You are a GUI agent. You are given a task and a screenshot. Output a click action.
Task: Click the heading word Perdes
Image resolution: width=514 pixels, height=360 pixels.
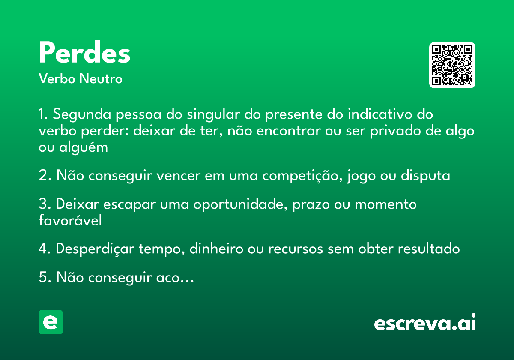click(84, 53)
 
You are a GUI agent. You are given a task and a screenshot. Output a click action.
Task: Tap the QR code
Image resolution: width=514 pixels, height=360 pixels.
click(452, 65)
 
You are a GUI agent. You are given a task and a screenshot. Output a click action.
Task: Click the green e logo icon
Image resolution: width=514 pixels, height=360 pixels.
click(51, 322)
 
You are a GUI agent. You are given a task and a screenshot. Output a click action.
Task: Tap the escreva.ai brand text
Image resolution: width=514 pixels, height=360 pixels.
click(425, 323)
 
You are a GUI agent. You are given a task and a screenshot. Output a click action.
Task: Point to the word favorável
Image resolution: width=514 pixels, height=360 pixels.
click(70, 220)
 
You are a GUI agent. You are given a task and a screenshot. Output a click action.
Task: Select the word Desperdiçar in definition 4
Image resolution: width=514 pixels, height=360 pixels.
click(95, 249)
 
